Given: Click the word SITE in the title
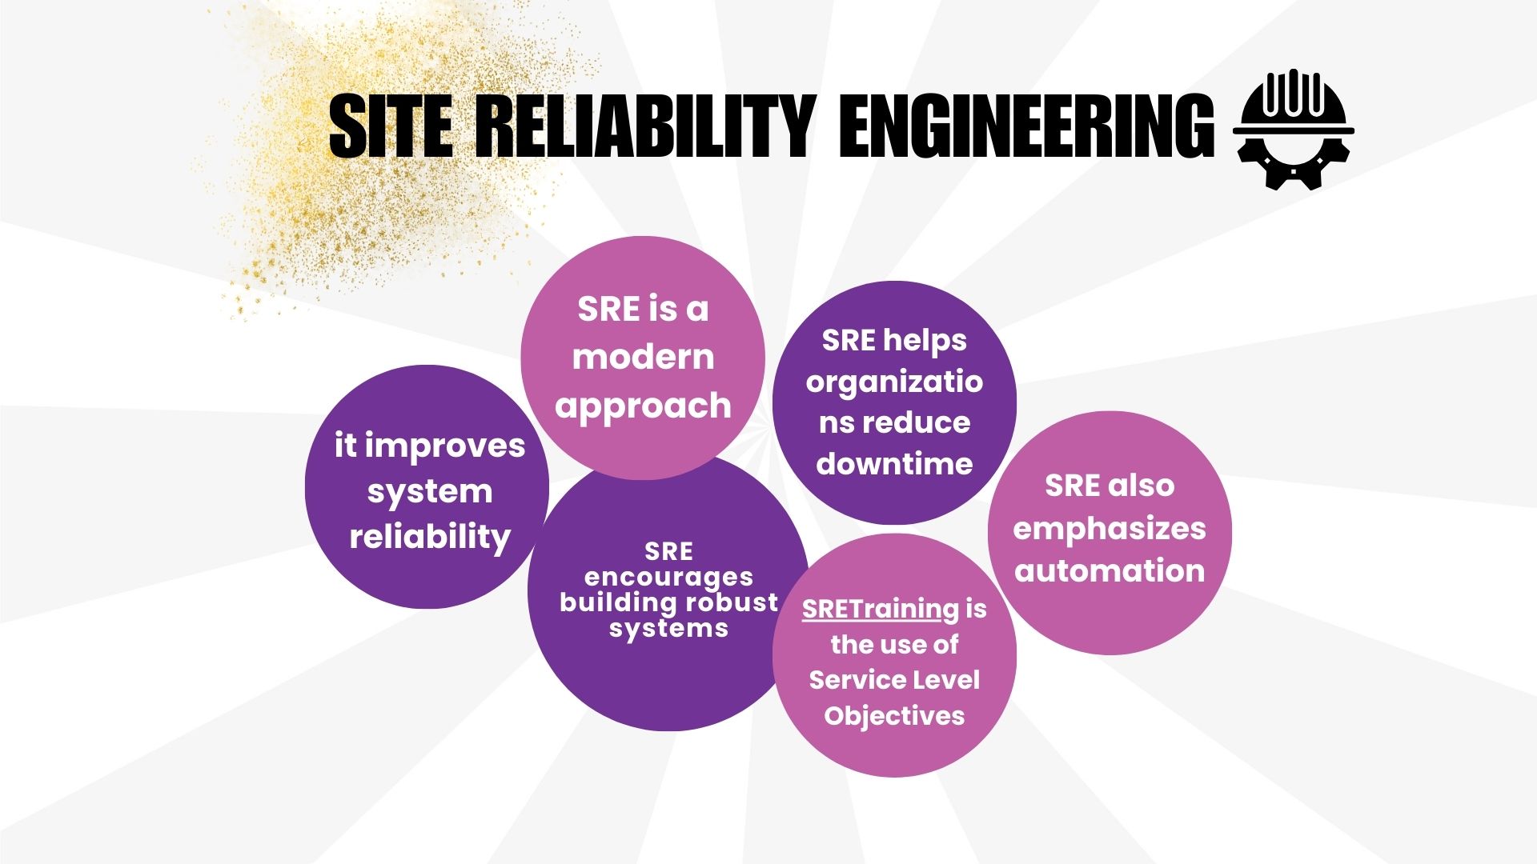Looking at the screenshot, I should click(x=390, y=126).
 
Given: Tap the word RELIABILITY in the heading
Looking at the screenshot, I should click(x=645, y=126).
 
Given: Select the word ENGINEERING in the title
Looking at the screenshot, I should click(x=1026, y=126).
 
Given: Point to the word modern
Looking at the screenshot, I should click(x=643, y=357).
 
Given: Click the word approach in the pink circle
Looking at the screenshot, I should click(x=643, y=406).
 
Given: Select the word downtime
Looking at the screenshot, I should click(x=894, y=464).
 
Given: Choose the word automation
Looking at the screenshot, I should click(x=1110, y=571).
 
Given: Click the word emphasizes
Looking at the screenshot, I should click(x=1110, y=529).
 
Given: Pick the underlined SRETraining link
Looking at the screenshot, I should click(x=880, y=610).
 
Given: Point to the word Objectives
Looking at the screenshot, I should click(x=894, y=715).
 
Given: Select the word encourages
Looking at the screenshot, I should click(x=668, y=577).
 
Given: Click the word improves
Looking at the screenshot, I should click(x=445, y=446).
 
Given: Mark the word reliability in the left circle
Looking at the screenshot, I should click(x=430, y=537).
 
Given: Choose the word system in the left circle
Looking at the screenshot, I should click(x=430, y=492).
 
